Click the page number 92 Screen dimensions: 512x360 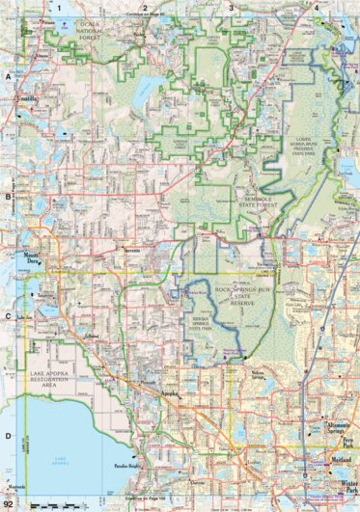pos(9,504)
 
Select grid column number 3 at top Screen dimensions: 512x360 pos(231,7)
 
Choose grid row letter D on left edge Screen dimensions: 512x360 pos(7,435)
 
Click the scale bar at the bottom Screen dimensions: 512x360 pos(48,505)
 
